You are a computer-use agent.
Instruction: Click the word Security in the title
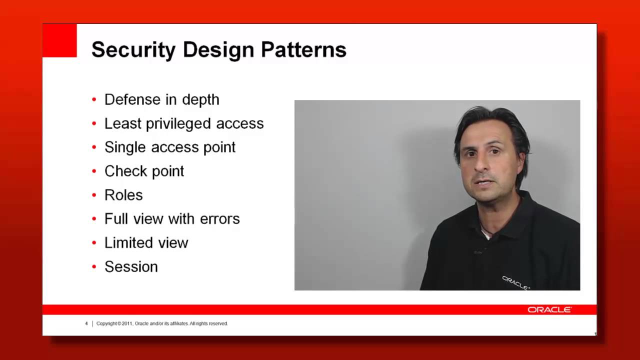click(x=133, y=50)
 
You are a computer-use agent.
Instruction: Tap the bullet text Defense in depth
click(x=161, y=99)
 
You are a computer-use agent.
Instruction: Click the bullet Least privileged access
click(x=183, y=123)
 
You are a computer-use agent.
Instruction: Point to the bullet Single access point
click(x=169, y=147)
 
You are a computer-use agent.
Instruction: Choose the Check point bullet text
click(x=144, y=171)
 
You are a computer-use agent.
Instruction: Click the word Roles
click(x=123, y=195)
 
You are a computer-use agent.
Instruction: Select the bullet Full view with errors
click(x=172, y=218)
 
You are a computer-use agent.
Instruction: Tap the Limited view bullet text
click(x=146, y=242)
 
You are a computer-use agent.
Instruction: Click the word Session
click(x=131, y=266)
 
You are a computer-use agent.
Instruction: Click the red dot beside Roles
click(x=94, y=195)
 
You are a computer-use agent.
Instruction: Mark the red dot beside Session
click(x=94, y=267)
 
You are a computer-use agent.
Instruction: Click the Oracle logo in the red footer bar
click(x=549, y=310)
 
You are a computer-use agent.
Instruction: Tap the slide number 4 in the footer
click(x=86, y=323)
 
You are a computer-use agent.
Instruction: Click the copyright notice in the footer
click(x=162, y=323)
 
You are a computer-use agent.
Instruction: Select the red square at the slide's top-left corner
click(x=59, y=40)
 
